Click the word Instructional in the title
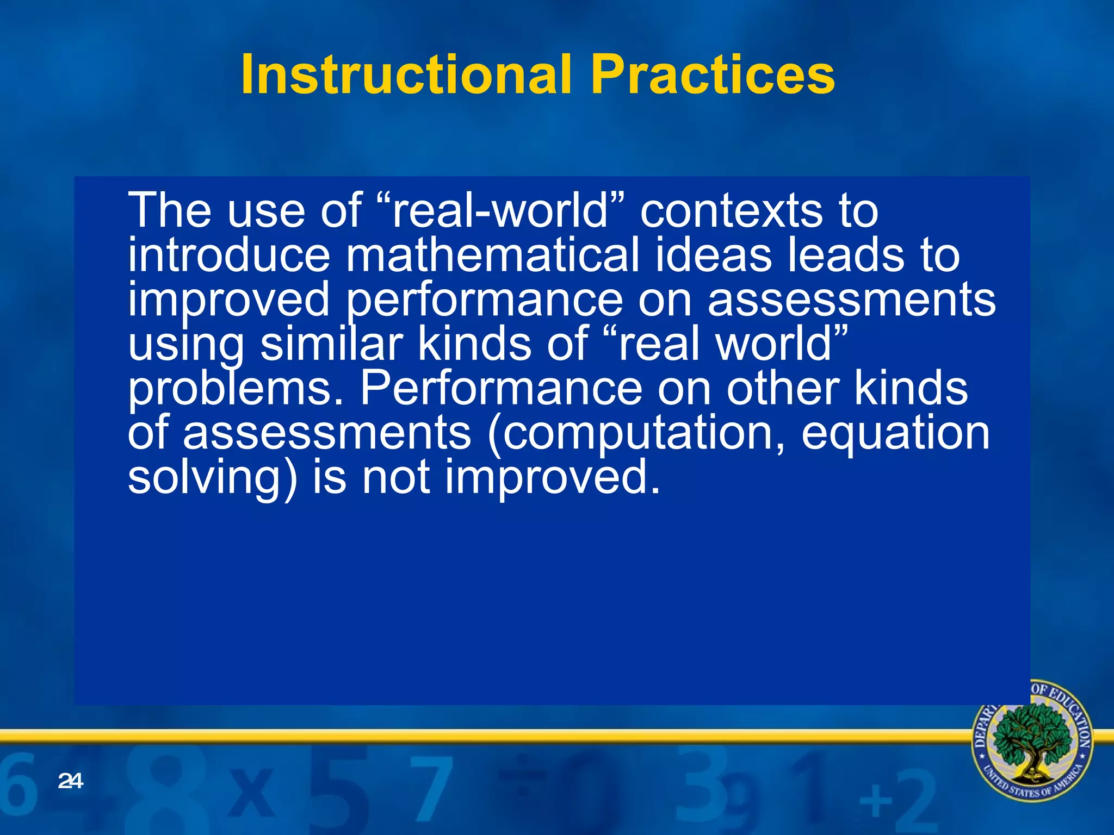405,75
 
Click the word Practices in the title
713,75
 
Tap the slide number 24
70,781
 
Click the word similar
332,345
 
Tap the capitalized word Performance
501,389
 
